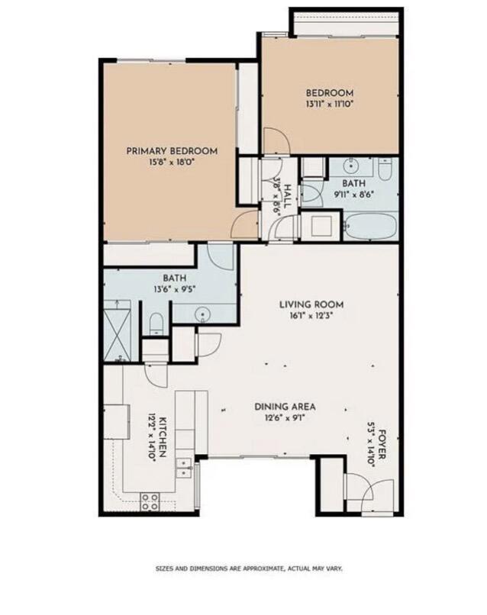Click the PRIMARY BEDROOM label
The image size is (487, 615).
pyautogui.click(x=171, y=151)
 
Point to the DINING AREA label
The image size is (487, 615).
pyautogui.click(x=285, y=407)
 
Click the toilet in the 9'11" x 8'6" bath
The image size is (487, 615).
pyautogui.click(x=385, y=169)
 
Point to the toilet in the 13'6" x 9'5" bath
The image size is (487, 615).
pyautogui.click(x=156, y=324)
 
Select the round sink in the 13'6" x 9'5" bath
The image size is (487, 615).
pyautogui.click(x=203, y=312)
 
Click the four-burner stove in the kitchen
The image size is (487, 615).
pyautogui.click(x=150, y=501)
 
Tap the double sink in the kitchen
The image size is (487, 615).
pyautogui.click(x=184, y=467)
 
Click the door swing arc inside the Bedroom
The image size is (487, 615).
pyautogui.click(x=276, y=143)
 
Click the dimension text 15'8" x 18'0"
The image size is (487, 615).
pyautogui.click(x=171, y=163)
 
